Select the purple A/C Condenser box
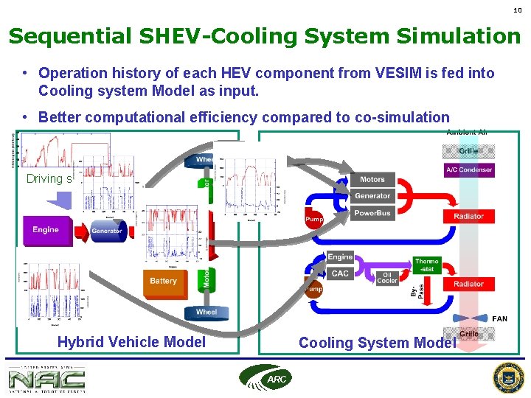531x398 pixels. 469,170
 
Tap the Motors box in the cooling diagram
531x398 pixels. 372,180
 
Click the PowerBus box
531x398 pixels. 372,213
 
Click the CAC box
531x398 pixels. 340,273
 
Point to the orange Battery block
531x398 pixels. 163,282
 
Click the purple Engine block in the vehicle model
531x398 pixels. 45,230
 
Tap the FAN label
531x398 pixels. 499,318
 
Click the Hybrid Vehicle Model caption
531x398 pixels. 131,342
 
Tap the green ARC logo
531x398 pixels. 265,377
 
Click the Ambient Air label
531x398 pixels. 467,132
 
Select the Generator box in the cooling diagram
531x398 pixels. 372,196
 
